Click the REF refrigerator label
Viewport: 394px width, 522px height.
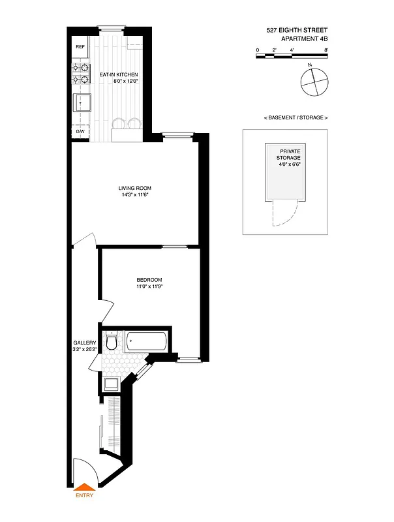[x=80, y=47]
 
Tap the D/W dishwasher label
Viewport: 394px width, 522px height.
[x=80, y=131]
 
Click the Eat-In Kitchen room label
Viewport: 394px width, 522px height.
[x=118, y=75]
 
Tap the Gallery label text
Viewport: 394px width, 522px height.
[x=85, y=343]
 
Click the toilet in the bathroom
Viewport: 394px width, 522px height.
[x=112, y=341]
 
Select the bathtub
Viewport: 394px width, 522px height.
[x=147, y=341]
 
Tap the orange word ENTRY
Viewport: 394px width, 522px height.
[x=84, y=495]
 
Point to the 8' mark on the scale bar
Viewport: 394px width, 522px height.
[x=326, y=50]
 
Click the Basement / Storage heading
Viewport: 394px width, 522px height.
[x=295, y=117]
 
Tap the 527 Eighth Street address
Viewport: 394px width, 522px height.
[x=297, y=29]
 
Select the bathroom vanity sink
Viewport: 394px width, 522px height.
[x=111, y=383]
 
